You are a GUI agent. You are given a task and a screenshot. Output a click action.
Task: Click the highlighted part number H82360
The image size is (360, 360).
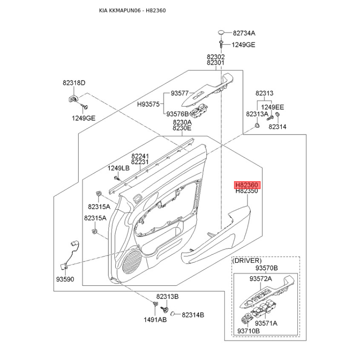247,185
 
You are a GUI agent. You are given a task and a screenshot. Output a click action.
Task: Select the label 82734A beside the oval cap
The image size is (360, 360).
244,33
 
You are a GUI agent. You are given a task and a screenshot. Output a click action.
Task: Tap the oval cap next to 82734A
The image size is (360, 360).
221,32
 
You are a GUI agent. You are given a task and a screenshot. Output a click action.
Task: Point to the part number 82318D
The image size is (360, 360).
74,83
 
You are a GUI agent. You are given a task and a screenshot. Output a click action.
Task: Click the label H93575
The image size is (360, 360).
148,104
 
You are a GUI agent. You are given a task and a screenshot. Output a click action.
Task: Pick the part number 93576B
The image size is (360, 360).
177,114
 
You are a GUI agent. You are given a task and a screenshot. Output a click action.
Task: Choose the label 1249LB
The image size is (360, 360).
118,168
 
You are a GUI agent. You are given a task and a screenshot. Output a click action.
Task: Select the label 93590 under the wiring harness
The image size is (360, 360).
65,279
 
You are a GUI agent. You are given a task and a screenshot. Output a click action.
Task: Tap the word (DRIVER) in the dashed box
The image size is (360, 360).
247,261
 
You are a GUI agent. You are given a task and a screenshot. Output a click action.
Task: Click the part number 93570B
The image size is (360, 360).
266,268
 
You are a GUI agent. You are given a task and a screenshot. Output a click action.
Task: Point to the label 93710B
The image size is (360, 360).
248,331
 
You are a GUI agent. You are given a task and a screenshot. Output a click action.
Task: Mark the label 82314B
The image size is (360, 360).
193,315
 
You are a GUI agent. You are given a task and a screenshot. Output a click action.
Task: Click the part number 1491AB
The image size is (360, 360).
155,319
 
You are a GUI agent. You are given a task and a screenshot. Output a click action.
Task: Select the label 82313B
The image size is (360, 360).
167,297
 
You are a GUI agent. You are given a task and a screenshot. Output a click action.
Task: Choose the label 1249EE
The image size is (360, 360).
273,107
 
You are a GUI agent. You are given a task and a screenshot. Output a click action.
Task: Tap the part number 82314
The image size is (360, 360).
278,127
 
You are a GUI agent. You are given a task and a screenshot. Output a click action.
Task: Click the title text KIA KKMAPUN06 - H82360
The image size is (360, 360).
132,10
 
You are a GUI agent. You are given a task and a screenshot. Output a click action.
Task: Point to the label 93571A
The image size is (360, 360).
266,323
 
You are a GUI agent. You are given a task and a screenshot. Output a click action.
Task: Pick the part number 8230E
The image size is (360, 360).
182,128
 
